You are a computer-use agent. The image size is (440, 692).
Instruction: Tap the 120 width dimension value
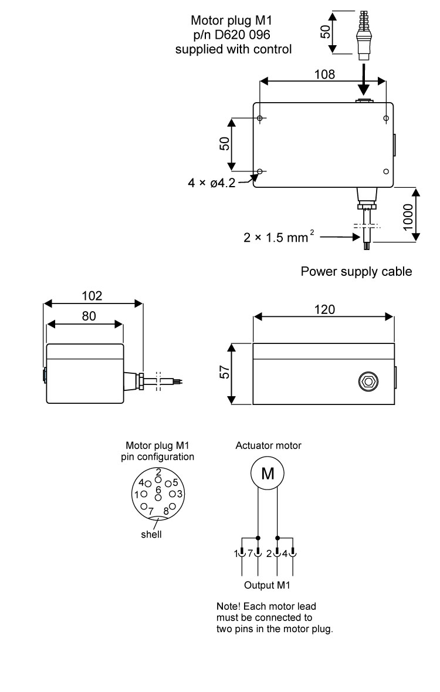coord(324,310)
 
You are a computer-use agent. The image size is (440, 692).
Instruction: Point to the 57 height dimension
coord(223,373)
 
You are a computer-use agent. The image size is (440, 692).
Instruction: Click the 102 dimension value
coord(92,296)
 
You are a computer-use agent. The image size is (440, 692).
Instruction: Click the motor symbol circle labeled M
coord(268,472)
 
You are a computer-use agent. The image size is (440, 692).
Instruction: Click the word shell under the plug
coord(151,535)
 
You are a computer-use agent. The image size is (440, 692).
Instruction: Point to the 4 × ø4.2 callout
coord(212,183)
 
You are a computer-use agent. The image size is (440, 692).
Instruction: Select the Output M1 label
coord(267,585)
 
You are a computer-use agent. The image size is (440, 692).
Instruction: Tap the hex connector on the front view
coord(368,382)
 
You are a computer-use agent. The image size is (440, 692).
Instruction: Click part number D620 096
coord(233,36)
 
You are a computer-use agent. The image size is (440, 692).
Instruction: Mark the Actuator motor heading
coord(268,445)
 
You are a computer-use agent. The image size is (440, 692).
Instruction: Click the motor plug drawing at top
coord(364,35)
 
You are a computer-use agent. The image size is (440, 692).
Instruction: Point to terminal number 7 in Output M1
coord(250,553)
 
